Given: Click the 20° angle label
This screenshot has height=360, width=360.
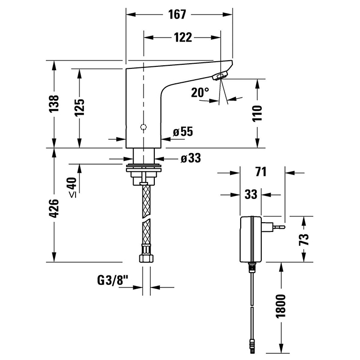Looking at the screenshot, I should coord(200,93).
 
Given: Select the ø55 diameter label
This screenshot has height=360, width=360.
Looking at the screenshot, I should coord(183,132).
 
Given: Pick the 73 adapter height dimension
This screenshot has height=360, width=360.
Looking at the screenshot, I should coord(304,239).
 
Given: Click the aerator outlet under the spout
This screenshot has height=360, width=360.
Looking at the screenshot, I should coord(219,77).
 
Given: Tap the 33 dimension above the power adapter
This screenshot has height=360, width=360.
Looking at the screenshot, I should coord(250,195).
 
